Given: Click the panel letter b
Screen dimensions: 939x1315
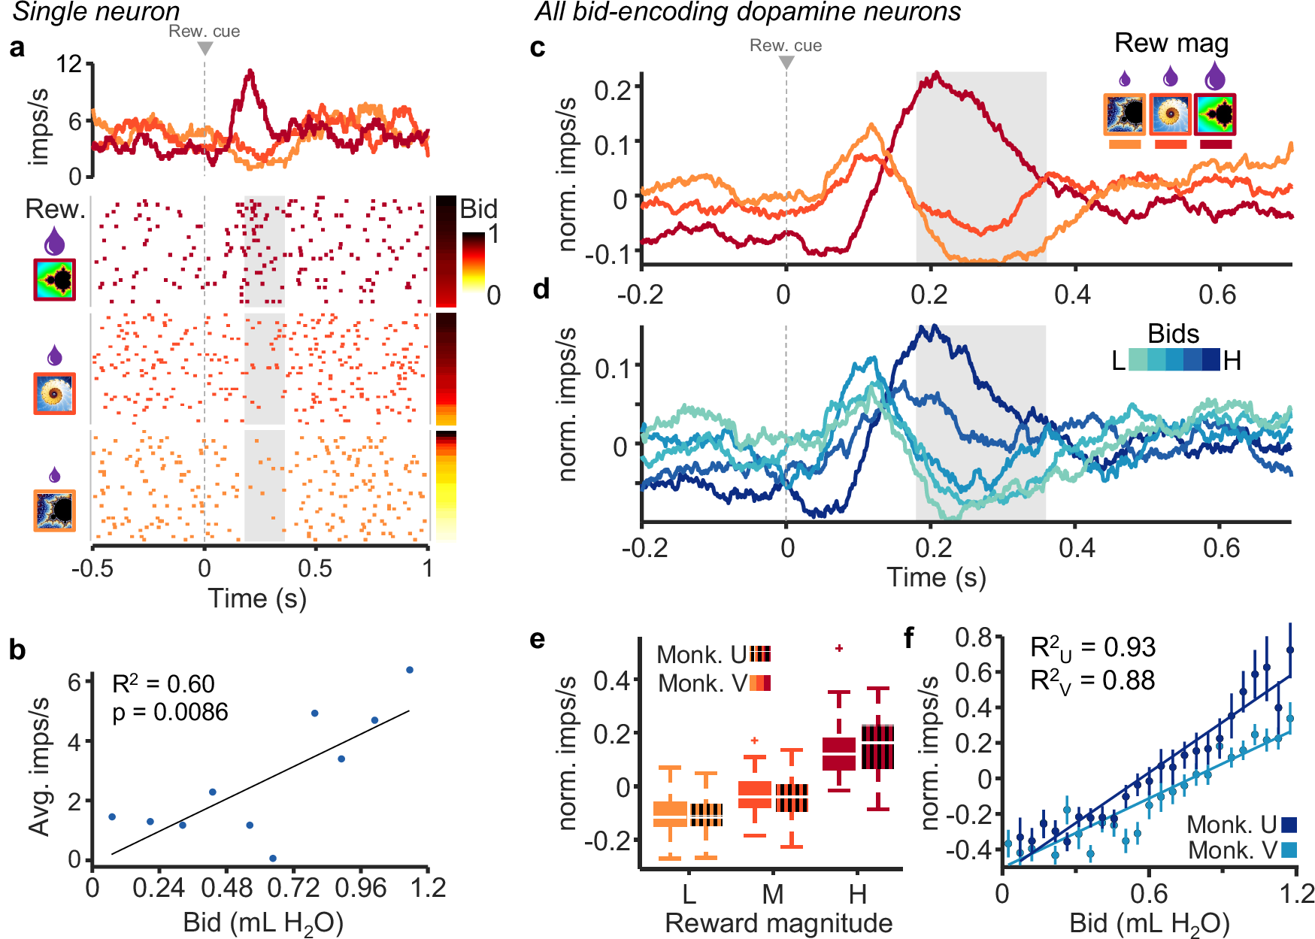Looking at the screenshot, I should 17,650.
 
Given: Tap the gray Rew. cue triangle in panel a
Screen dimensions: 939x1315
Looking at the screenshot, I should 205,48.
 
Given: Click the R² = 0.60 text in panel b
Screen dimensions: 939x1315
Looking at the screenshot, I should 163,683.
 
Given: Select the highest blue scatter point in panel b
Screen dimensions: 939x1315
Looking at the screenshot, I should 410,670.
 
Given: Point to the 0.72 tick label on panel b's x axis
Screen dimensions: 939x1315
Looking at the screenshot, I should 293,888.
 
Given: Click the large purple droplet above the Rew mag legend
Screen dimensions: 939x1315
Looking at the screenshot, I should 1214,76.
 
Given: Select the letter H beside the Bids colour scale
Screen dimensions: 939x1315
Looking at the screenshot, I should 1232,361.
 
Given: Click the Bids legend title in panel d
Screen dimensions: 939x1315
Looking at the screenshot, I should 1173,334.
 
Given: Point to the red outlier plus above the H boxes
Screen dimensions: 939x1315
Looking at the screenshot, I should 839,648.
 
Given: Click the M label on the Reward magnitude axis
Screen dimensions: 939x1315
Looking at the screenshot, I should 772,894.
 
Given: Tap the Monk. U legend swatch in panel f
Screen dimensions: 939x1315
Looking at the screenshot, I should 1289,825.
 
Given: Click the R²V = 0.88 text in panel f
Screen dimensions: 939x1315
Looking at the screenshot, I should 1092,680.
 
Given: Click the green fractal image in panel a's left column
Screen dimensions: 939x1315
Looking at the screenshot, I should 54,280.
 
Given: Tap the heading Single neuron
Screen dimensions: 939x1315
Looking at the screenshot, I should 96,11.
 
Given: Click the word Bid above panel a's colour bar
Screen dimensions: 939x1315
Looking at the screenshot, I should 478,208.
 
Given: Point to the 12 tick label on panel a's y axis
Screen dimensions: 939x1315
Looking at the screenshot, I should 69,63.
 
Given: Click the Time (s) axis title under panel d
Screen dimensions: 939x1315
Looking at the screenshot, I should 936,577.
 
